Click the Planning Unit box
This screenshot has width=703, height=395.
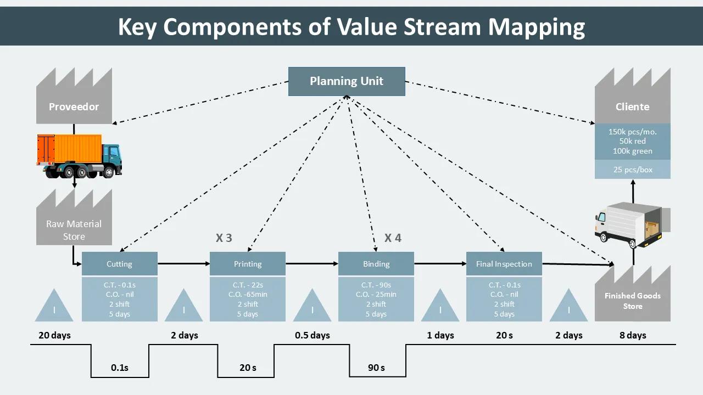point(347,81)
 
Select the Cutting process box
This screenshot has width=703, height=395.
point(119,264)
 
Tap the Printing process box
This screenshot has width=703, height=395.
point(248,264)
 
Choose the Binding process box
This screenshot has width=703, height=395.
point(376,264)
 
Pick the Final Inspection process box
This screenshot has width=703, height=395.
point(504,264)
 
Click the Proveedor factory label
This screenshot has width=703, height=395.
point(74,107)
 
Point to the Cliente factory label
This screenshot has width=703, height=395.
point(632,107)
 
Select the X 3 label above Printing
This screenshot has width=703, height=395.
point(224,238)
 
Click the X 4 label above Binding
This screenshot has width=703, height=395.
point(393,238)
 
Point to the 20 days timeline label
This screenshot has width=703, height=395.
point(54,335)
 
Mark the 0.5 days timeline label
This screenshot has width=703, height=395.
point(313,335)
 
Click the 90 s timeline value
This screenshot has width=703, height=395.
point(376,368)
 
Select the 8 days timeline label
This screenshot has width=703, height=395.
point(633,335)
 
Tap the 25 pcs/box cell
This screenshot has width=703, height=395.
point(633,170)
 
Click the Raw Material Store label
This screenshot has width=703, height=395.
point(74,230)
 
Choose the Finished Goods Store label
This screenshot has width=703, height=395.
point(633,301)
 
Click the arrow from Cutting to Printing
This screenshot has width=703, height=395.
point(183,264)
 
